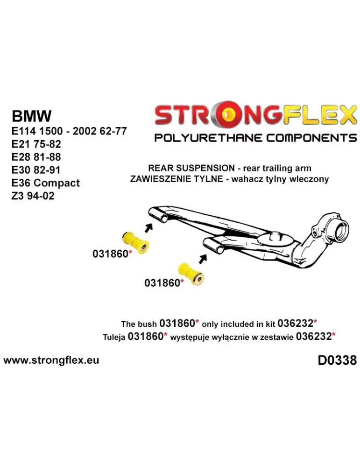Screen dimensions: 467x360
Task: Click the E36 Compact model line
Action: [45, 183]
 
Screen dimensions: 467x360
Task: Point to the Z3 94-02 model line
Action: [33, 196]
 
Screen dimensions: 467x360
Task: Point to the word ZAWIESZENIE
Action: [160, 179]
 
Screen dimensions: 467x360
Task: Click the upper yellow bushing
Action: [135, 240]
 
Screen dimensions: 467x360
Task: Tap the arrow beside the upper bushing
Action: [148, 228]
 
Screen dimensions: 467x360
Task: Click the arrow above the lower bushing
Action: [202, 258]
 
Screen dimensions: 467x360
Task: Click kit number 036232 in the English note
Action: [297, 323]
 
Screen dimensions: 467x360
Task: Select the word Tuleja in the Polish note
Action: [114, 337]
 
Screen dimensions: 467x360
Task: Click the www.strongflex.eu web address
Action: [51, 361]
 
